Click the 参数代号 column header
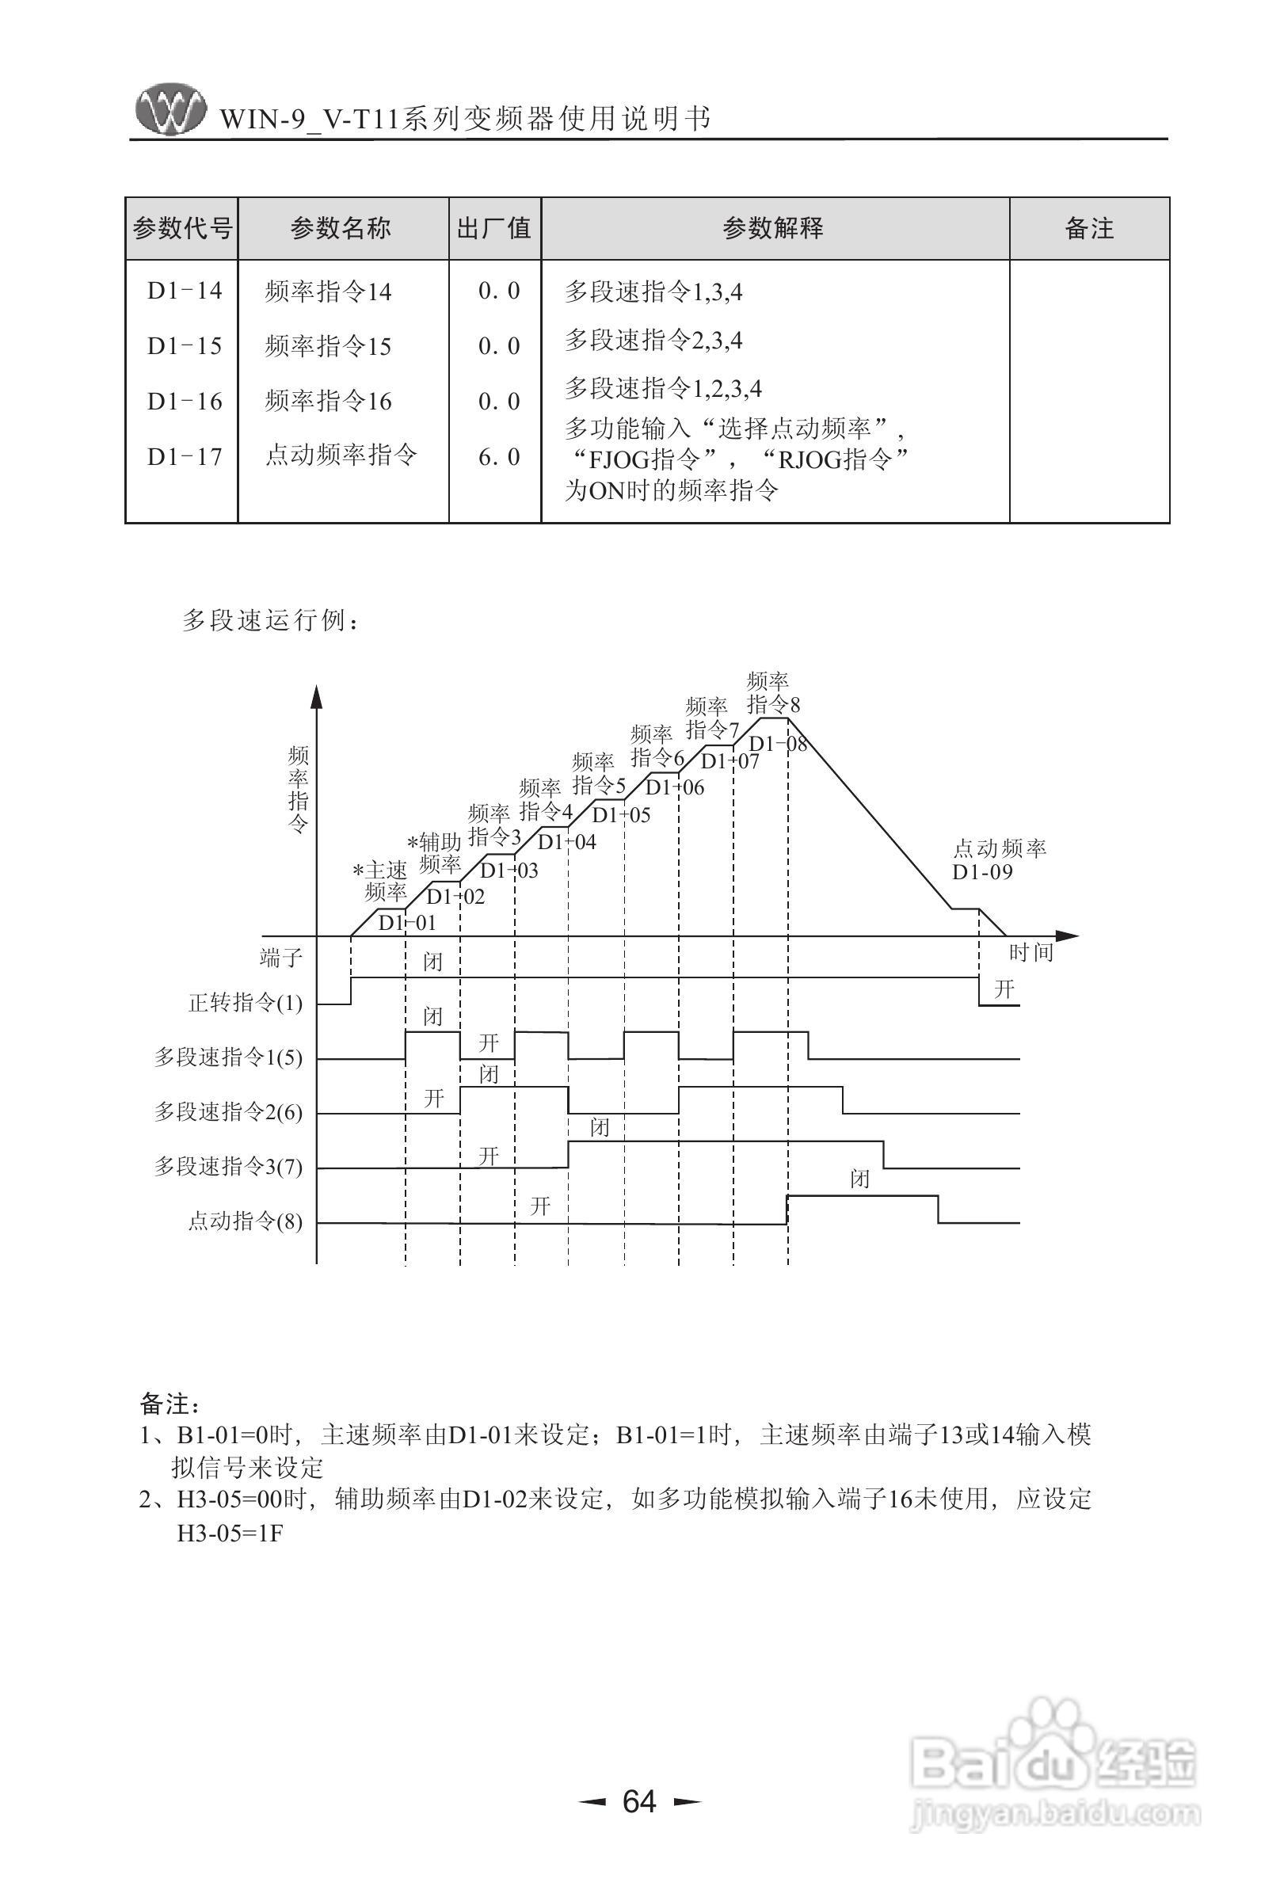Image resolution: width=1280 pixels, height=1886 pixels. point(182,229)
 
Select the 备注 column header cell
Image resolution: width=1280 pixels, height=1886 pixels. point(1088,229)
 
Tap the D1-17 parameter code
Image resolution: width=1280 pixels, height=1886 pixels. point(185,457)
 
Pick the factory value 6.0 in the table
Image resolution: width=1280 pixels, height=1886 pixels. point(498,457)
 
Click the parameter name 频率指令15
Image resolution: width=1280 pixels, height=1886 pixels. point(328,346)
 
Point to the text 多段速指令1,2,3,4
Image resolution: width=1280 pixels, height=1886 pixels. point(662,389)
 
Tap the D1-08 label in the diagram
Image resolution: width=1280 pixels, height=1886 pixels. point(777,742)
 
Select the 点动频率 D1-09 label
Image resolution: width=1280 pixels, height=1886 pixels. point(998,860)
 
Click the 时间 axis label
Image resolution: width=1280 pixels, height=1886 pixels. point(1030,952)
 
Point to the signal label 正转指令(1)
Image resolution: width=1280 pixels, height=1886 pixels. point(245,1004)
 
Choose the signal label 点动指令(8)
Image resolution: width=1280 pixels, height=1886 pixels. point(245,1221)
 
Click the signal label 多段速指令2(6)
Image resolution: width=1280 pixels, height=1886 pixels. point(228,1113)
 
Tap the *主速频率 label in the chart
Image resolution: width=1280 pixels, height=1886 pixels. point(381,882)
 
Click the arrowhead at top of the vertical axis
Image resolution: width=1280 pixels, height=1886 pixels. point(317,695)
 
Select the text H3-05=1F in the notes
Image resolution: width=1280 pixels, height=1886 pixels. point(230,1534)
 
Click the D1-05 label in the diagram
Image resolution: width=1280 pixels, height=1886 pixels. point(621,814)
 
